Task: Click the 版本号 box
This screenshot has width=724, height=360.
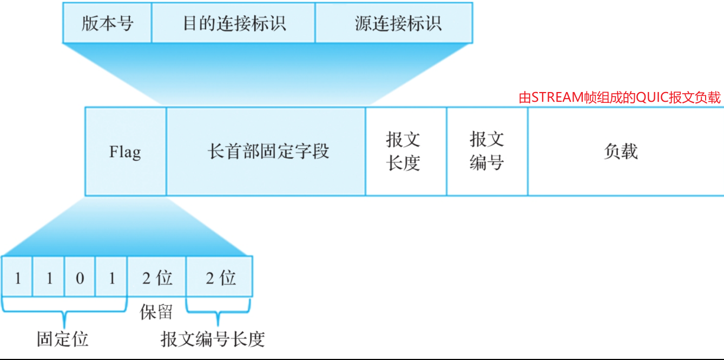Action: tap(107, 23)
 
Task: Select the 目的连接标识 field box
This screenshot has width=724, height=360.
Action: tap(233, 23)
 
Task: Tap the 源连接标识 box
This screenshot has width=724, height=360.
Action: tap(393, 23)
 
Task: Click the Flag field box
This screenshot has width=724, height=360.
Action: tap(126, 152)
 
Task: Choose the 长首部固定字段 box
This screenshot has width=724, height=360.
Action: tap(266, 152)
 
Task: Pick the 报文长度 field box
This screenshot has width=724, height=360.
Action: tap(406, 152)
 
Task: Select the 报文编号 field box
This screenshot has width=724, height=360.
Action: tap(487, 152)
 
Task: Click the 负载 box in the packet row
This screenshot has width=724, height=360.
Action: tap(622, 152)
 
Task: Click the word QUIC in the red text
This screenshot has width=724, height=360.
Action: tap(648, 97)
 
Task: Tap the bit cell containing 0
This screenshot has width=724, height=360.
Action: tap(80, 278)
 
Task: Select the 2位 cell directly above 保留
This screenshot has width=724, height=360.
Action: tap(157, 278)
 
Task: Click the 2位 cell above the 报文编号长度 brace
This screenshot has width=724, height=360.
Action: tap(220, 278)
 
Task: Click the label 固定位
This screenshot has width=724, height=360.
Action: tap(62, 339)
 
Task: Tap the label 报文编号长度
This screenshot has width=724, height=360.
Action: tap(213, 339)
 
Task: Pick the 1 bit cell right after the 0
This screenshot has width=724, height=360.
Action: tap(111, 278)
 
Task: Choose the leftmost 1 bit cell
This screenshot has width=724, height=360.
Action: tap(17, 278)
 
